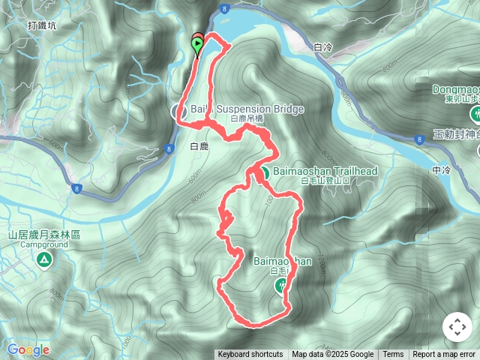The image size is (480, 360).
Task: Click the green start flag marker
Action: pos(197,46)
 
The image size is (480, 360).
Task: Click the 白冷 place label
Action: pos(323,47)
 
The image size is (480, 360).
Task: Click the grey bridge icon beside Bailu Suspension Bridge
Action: pos(179,112)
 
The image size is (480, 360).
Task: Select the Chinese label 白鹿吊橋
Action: pos(247,119)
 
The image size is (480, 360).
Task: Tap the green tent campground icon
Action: pos(43,260)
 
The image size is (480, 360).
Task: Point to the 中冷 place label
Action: pos(441,171)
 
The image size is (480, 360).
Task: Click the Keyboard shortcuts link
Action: pos(250,355)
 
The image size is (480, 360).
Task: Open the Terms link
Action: pos(393,355)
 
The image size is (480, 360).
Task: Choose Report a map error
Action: pos(445,355)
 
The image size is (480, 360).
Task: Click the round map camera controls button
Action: pos(457,328)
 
